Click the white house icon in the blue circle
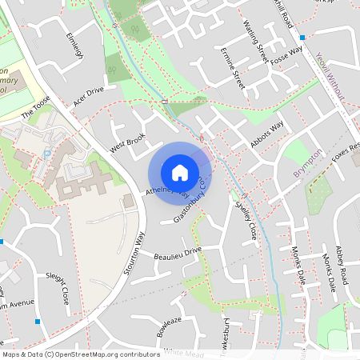tap(180, 172)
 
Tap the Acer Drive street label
tap(89, 96)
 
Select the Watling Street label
tap(260, 43)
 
